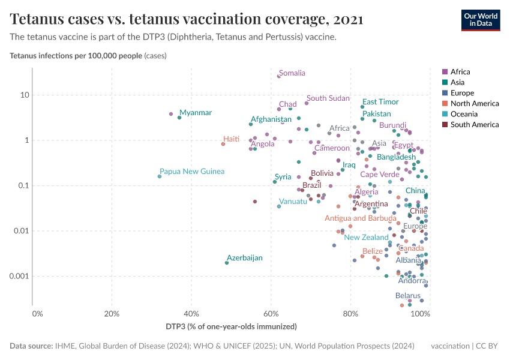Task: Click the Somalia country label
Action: (292, 73)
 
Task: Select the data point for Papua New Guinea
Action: (160, 176)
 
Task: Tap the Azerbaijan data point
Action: (227, 263)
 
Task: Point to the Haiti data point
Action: (223, 144)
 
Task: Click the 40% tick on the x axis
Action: (191, 314)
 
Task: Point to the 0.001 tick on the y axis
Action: (20, 277)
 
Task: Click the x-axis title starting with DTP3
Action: (232, 327)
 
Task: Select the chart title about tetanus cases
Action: (187, 19)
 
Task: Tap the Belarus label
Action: (408, 296)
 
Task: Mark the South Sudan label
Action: (328, 98)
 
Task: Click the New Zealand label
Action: (367, 238)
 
